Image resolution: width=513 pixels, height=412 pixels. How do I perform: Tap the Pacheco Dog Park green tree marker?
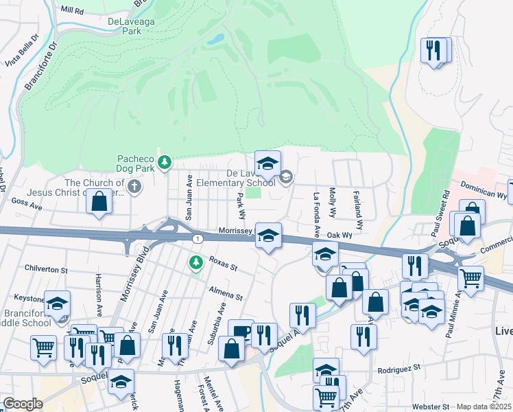(x=164, y=163)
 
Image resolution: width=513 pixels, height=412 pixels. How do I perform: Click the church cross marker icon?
(x=134, y=185)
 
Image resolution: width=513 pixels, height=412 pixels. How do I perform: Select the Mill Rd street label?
(x=72, y=11)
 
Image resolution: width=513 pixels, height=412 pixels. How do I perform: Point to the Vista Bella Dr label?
(x=21, y=51)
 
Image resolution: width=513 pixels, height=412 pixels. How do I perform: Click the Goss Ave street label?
(x=27, y=205)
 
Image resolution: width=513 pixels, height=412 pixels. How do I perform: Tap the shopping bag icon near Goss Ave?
(x=99, y=202)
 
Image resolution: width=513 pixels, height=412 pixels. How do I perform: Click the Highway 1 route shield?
(x=198, y=238)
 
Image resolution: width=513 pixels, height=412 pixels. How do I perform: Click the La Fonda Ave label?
(x=317, y=205)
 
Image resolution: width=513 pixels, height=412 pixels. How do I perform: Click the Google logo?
(x=23, y=404)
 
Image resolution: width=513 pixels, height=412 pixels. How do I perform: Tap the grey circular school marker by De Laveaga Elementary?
(x=285, y=178)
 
